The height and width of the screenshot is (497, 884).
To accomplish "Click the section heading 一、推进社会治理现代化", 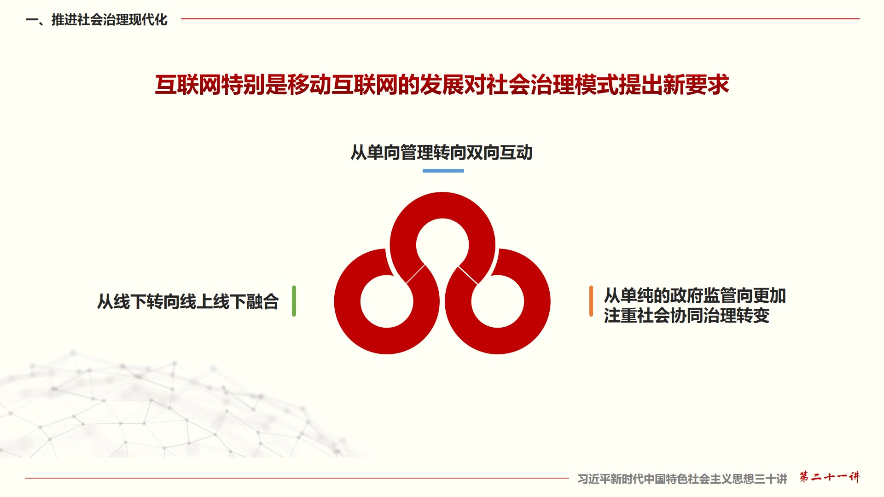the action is click(97, 20).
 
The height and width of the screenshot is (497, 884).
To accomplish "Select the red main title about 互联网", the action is click(442, 85).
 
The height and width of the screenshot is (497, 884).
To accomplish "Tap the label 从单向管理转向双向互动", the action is click(442, 152).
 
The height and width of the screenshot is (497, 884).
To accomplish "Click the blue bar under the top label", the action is click(443, 171).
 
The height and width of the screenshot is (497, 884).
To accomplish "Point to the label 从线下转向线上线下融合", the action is click(188, 302).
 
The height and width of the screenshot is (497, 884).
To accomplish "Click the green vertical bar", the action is click(294, 301).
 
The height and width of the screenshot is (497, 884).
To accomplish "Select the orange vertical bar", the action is click(591, 301).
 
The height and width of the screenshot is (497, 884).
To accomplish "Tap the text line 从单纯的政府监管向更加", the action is click(695, 295).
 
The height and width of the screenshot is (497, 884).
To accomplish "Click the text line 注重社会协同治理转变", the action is click(687, 316).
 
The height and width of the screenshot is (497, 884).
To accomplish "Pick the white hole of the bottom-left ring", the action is click(387, 301).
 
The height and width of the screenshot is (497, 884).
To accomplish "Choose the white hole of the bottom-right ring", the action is click(498, 301).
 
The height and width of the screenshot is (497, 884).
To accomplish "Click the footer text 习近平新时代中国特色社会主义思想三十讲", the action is click(682, 479).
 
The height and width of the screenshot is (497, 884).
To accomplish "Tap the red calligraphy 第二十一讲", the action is click(829, 477).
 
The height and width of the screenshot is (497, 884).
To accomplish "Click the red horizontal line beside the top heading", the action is click(520, 19).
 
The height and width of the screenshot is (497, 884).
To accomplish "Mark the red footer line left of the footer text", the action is click(297, 478).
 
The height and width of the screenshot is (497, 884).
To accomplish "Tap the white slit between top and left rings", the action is click(415, 274).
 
